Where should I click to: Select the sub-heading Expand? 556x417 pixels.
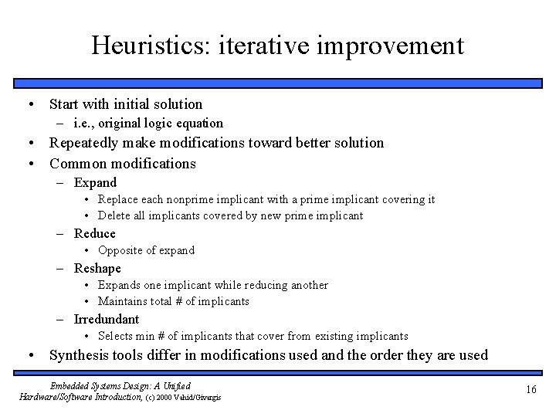point(95,183)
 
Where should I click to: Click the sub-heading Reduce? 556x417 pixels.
point(94,233)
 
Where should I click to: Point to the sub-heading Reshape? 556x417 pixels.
point(97,269)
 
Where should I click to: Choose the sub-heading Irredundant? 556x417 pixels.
point(107,319)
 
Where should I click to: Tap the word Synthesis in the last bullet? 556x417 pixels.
point(79,355)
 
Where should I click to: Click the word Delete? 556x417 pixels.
point(114,215)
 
